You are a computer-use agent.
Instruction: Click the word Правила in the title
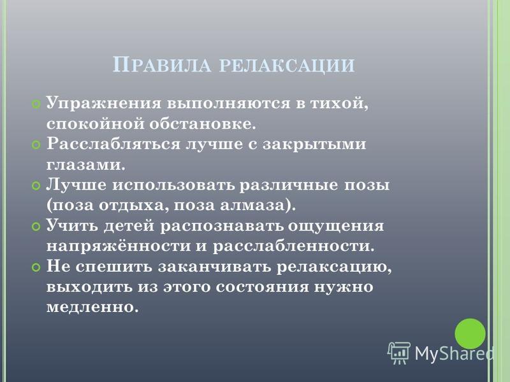pyautogui.click(x=162, y=65)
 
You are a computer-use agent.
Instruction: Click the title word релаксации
pyautogui.click(x=288, y=66)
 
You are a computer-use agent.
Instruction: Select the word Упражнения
pyautogui.click(x=104, y=104)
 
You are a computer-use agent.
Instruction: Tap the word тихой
pyautogui.click(x=339, y=104)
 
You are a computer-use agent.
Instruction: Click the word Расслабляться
pyautogui.click(x=113, y=144)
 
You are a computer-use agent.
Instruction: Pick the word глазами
pyautogui.click(x=86, y=165)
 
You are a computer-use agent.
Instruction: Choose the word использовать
pyautogui.click(x=173, y=185)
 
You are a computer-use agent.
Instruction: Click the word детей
pyautogui.click(x=129, y=226)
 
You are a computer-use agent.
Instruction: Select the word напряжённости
pyautogui.click(x=119, y=246)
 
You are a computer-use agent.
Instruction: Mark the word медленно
pyautogui.click(x=92, y=307)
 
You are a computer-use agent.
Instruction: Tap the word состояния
pyautogui.click(x=262, y=287)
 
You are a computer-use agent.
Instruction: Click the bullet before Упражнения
pyautogui.click(x=36, y=104)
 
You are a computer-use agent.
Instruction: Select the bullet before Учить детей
pyautogui.click(x=36, y=227)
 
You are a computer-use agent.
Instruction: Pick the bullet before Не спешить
pyautogui.click(x=36, y=267)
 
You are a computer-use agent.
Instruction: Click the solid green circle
pyautogui.click(x=470, y=334)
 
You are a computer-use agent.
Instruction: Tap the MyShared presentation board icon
pyautogui.click(x=399, y=353)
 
